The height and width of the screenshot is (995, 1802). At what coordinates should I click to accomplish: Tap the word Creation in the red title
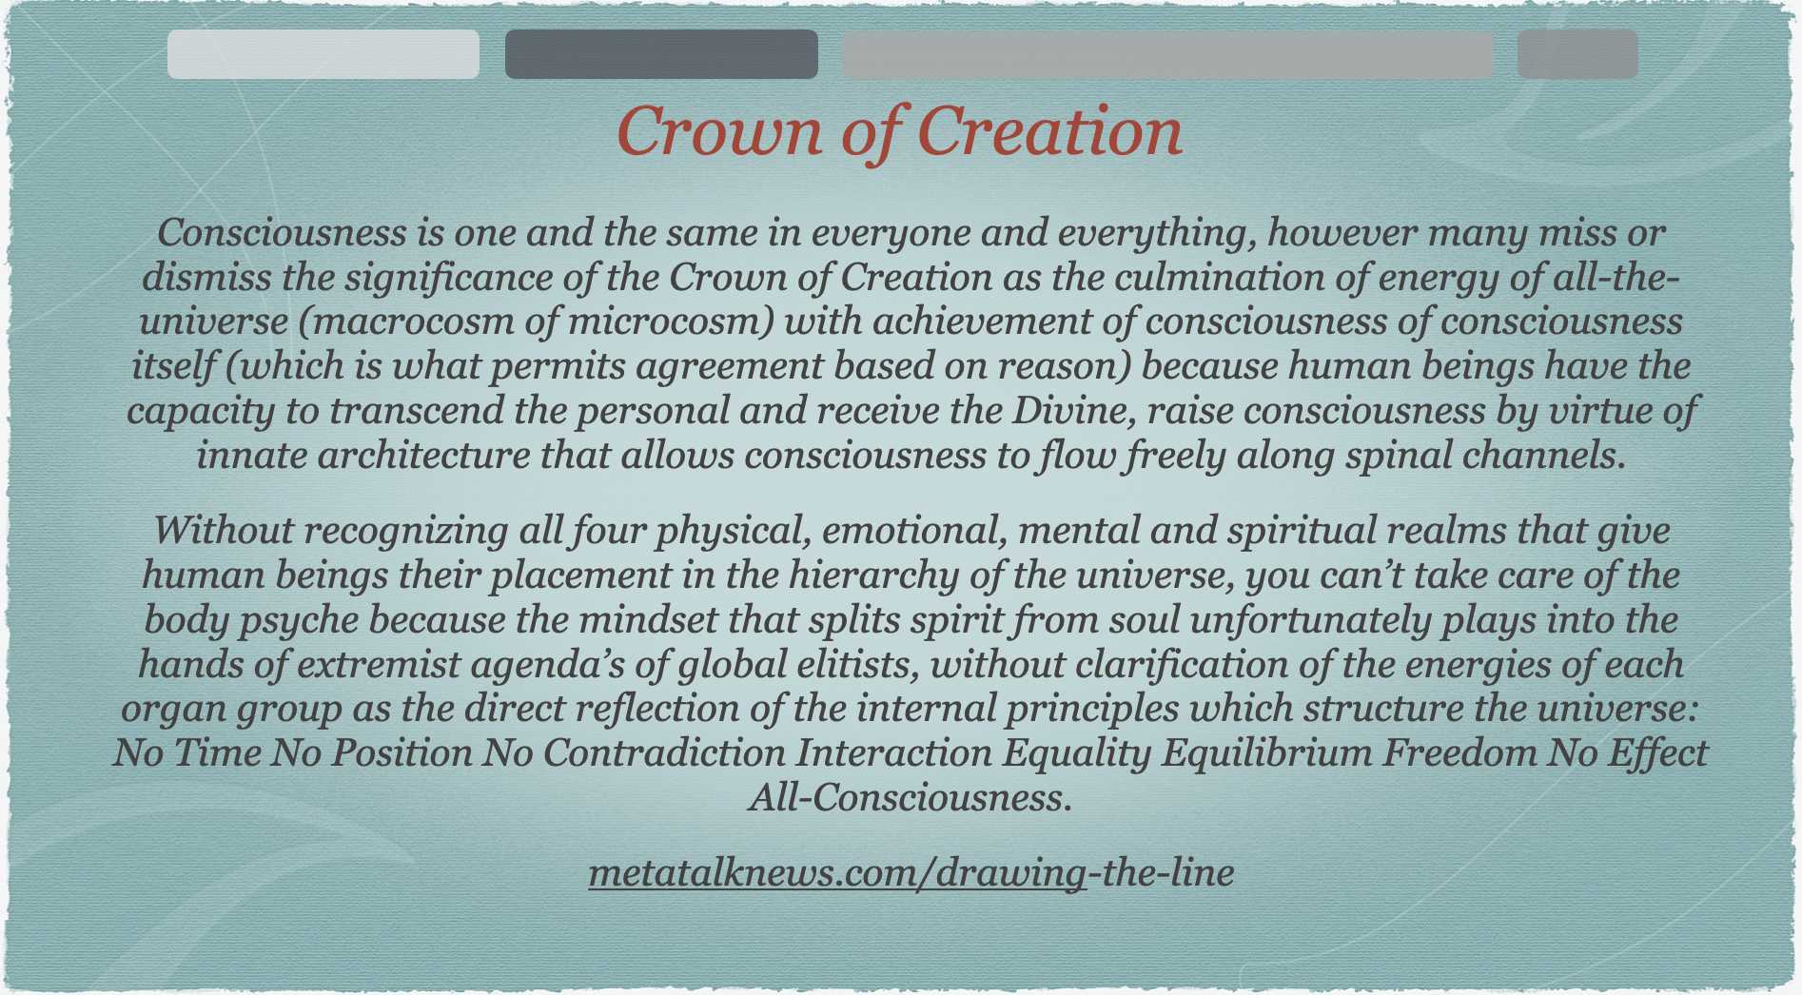[x=1049, y=131]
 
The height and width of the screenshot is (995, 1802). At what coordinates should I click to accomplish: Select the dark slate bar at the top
[x=661, y=54]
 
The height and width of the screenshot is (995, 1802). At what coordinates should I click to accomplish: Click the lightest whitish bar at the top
[x=323, y=54]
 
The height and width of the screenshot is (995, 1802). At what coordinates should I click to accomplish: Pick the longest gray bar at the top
[x=1167, y=54]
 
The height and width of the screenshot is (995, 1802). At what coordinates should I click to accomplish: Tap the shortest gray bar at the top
[x=1577, y=54]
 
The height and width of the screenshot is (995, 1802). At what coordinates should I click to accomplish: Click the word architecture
[x=423, y=456]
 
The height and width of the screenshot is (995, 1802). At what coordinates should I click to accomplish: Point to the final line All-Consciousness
[x=911, y=797]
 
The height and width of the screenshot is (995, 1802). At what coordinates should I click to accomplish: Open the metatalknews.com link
[x=911, y=872]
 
